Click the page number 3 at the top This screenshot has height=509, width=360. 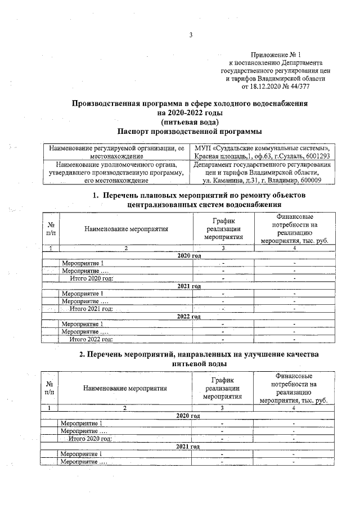coord(191,35)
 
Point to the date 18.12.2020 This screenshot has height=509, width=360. coord(264,87)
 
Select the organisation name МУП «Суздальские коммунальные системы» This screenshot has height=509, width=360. coord(262,148)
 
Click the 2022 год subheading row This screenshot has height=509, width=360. coord(189,316)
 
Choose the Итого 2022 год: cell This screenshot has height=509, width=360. coord(91,339)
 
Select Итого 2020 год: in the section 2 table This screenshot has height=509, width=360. coord(90,438)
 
